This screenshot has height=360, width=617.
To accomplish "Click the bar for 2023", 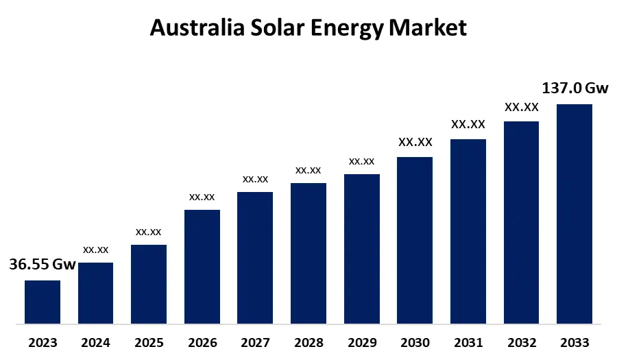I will pos(43,302).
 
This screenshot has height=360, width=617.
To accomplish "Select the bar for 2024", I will pos(95,293).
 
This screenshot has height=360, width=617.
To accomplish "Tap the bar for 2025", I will pos(149,284).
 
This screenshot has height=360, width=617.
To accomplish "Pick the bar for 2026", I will pos(202,266).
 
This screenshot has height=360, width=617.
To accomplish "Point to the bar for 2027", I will pos(255,257).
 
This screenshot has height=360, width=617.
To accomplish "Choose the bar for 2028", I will pos(308,253).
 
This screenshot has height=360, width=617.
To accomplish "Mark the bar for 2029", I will pos(361,248).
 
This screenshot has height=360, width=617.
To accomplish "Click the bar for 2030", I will pos(415,240).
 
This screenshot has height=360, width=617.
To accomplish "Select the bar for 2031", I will pos(468,231).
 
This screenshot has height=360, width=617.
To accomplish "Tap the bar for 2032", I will pos(521,222).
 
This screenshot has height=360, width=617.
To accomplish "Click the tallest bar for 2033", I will pos(574,213).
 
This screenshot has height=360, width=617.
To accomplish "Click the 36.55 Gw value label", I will pos(43,265).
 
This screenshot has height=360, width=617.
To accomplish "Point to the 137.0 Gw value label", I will pos(574,88).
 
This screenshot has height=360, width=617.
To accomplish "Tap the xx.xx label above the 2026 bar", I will pos(202,197).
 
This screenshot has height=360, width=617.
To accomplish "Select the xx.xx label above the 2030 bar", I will pos(415,143).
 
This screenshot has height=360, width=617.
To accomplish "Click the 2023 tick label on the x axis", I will pos(43,343).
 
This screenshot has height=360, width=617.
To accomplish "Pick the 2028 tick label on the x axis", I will pos(308,343).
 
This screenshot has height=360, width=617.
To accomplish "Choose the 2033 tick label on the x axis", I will pos(574,343).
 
